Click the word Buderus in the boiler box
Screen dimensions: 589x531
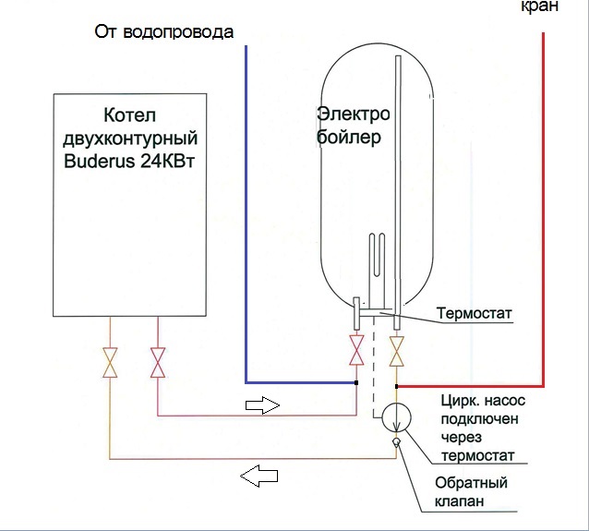[x=99, y=162]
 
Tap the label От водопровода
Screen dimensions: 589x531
[x=164, y=31]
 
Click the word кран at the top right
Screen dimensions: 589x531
[x=539, y=6]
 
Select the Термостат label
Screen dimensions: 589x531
[x=474, y=313]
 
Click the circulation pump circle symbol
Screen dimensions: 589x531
[x=396, y=417]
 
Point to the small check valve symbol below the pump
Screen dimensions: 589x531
[x=396, y=442]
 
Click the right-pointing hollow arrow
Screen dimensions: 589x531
[x=262, y=405]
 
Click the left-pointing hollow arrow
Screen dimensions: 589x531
[x=258, y=477]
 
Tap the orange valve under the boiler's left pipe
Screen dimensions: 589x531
[x=110, y=362]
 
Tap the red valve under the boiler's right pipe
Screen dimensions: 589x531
[x=158, y=362]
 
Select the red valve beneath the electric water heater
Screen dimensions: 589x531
[x=356, y=350]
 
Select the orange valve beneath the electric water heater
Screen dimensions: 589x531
[x=397, y=351]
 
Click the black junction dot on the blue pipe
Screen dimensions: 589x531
[x=356, y=382]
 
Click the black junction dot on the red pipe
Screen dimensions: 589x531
[x=397, y=386]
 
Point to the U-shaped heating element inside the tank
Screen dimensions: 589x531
[x=377, y=270]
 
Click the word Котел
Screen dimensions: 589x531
[x=129, y=115]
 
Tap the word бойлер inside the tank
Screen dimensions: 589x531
[x=348, y=138]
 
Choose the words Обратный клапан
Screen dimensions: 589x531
[x=471, y=491]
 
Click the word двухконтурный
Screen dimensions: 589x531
[x=130, y=139]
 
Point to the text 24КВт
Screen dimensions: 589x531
[x=167, y=162]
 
